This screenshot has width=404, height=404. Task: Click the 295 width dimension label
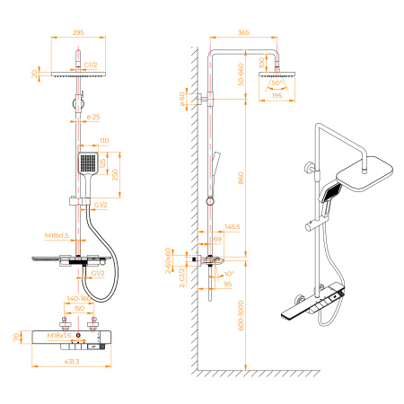point(78,33)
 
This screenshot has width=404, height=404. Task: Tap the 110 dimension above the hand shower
point(104,141)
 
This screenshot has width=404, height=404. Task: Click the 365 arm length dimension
point(244,33)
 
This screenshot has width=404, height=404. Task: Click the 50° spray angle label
point(277,82)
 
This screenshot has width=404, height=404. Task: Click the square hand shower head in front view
point(87,164)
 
